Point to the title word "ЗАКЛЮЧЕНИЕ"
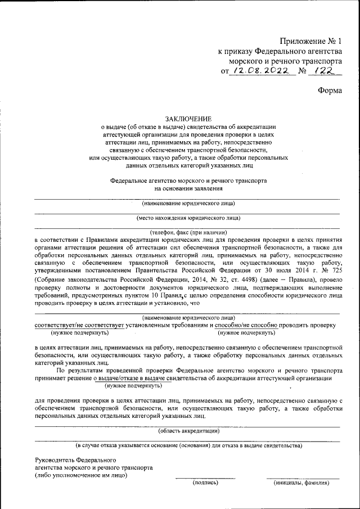point(188,119)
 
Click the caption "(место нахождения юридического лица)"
point(188,218)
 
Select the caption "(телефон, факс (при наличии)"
point(188,232)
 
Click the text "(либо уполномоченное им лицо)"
point(81,475)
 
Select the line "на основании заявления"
point(188,190)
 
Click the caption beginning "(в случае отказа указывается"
point(188,445)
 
